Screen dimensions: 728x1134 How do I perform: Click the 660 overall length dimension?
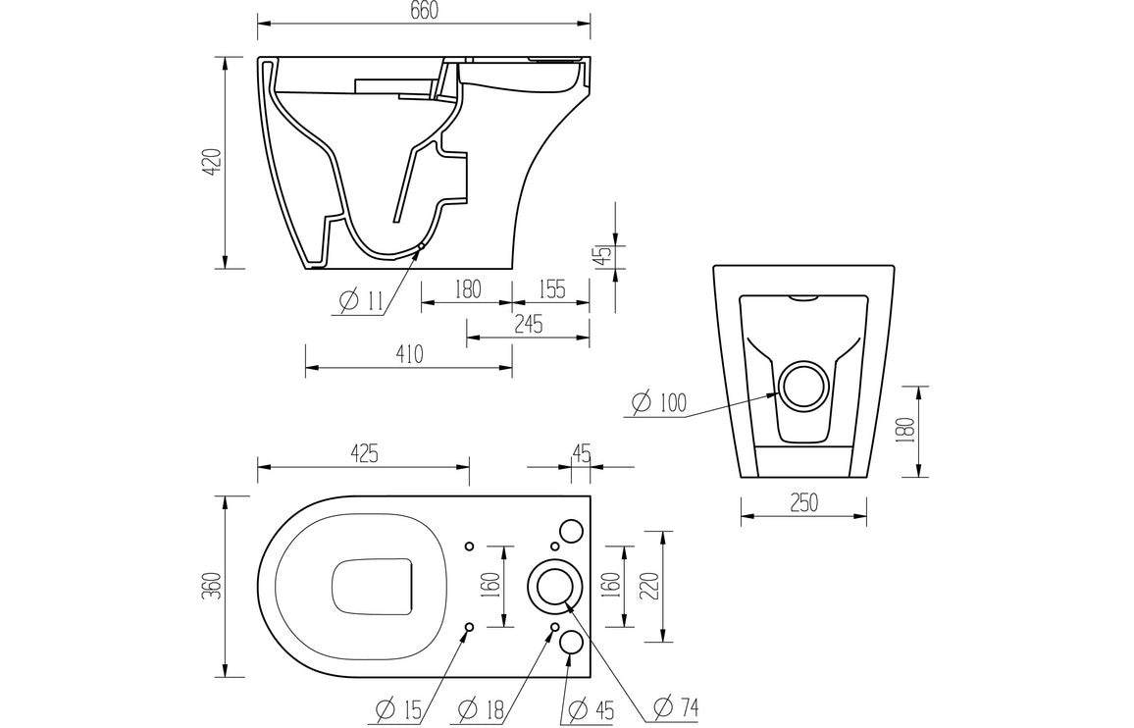coord(423,11)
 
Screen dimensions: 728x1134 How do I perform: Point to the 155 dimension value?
coord(552,289)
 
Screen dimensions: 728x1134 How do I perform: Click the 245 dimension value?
coord(528,324)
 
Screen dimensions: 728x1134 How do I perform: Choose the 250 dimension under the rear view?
coord(802,502)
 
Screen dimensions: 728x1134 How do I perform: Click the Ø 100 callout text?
coord(659,402)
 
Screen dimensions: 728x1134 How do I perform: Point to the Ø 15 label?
coord(399,707)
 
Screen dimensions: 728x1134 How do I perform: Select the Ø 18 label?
coord(483,707)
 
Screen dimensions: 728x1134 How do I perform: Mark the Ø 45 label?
coord(592,707)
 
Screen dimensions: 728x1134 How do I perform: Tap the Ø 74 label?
coord(677,707)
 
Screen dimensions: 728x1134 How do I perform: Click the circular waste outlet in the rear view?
coord(804,386)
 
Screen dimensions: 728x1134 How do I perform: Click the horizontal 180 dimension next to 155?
coord(468,289)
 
